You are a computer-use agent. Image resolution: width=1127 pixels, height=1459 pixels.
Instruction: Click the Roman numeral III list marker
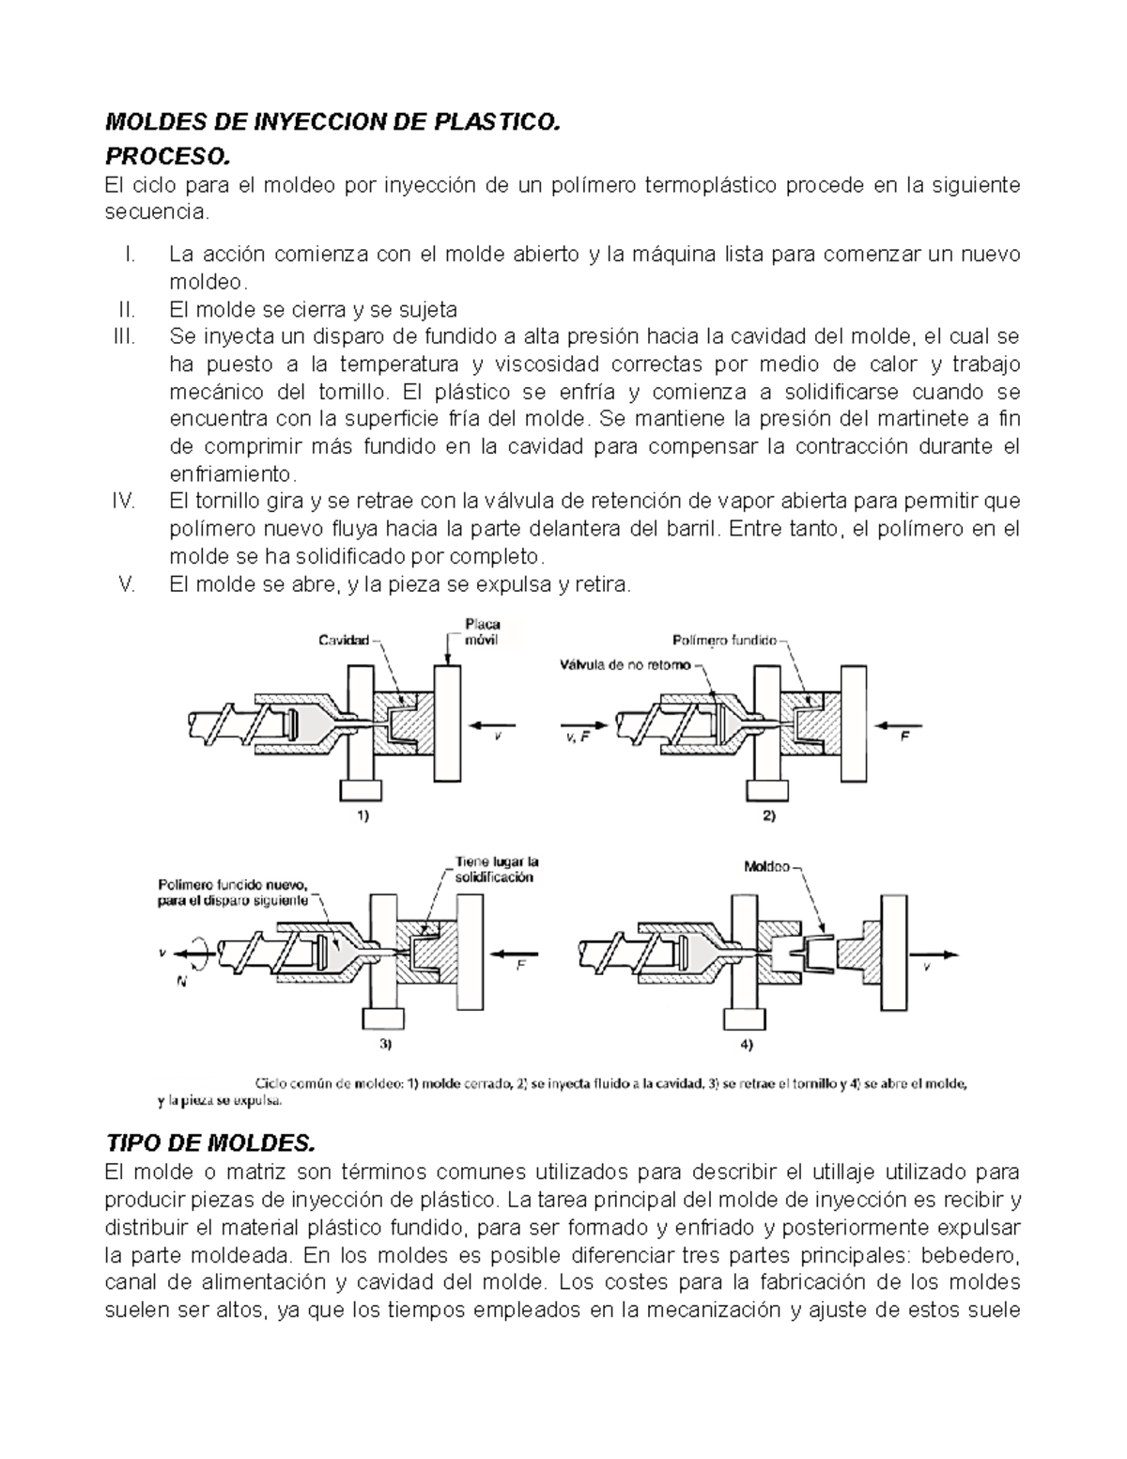124,336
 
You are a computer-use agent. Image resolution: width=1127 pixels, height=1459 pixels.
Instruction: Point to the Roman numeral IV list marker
124,501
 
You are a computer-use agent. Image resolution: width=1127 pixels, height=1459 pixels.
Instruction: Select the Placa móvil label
483,631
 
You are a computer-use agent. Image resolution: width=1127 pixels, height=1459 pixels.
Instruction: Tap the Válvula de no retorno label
625,665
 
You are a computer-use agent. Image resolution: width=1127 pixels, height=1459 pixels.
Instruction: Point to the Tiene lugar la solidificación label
496,869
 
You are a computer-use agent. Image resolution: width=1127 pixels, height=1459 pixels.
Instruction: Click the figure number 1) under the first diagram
362,817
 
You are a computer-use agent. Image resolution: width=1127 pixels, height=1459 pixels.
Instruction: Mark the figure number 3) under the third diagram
385,1044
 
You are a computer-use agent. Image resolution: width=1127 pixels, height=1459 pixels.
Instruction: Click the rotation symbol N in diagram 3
181,981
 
